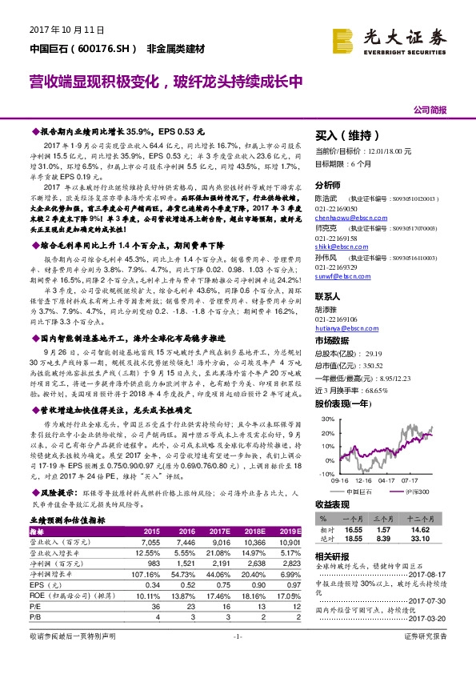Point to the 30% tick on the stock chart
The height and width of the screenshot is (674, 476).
tap(322, 419)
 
